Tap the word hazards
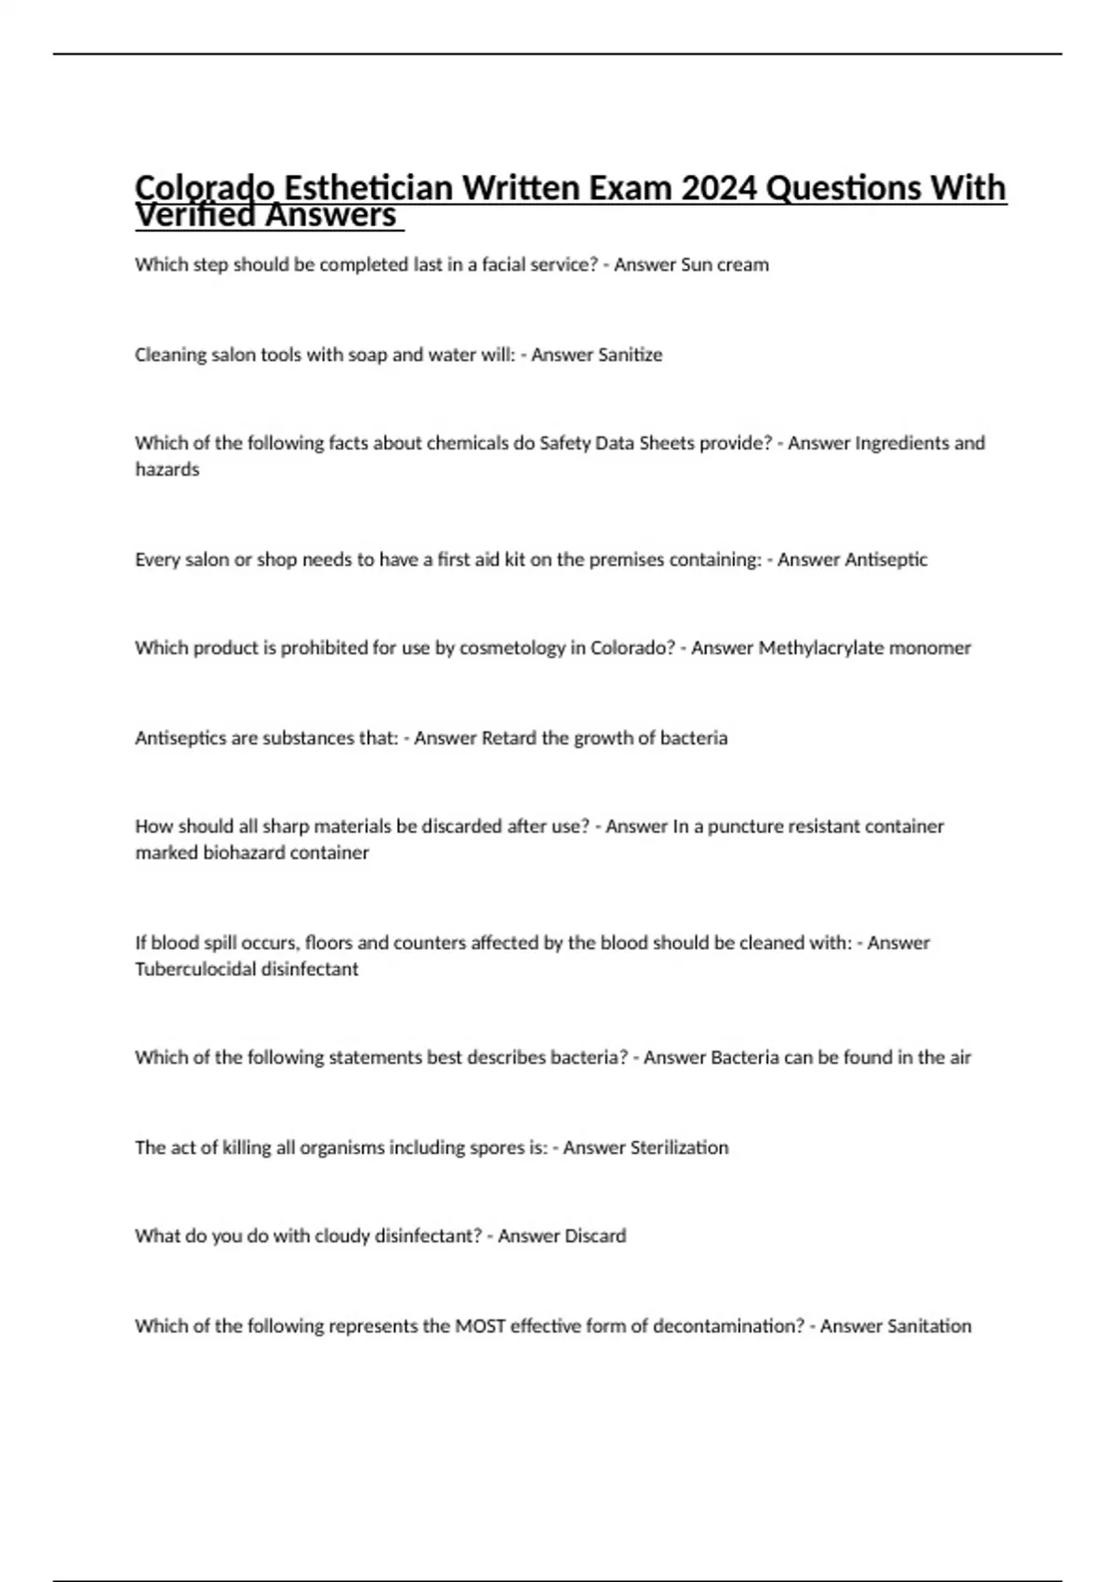pos(167,470)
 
